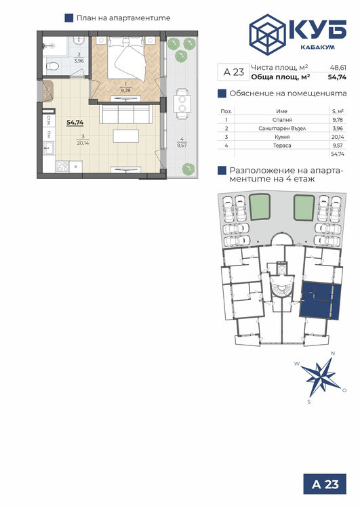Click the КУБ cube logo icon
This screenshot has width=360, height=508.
coord(267,35)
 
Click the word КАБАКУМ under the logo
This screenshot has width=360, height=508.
coord(317,47)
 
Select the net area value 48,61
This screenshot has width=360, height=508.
coord(338,68)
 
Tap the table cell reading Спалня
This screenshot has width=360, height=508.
coord(282,120)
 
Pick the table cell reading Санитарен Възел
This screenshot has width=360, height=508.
coord(282,128)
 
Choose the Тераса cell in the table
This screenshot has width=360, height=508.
coord(282,146)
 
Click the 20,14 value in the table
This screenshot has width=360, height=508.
coord(338,137)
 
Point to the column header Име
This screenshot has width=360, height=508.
coord(282,111)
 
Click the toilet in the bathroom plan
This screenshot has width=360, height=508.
coord(52,66)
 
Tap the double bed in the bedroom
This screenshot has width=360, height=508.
coord(127,58)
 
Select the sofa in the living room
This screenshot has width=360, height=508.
coord(126,114)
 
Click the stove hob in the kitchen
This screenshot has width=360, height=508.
coord(62,166)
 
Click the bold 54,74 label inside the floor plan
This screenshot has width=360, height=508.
coord(75,123)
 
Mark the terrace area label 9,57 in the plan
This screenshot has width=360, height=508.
coord(182,146)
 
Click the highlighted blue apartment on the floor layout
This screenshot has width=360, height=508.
coord(320,300)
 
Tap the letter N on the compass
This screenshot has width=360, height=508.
coord(332,354)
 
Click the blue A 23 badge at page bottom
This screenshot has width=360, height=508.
coord(325,484)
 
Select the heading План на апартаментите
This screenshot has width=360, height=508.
coord(123,18)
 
